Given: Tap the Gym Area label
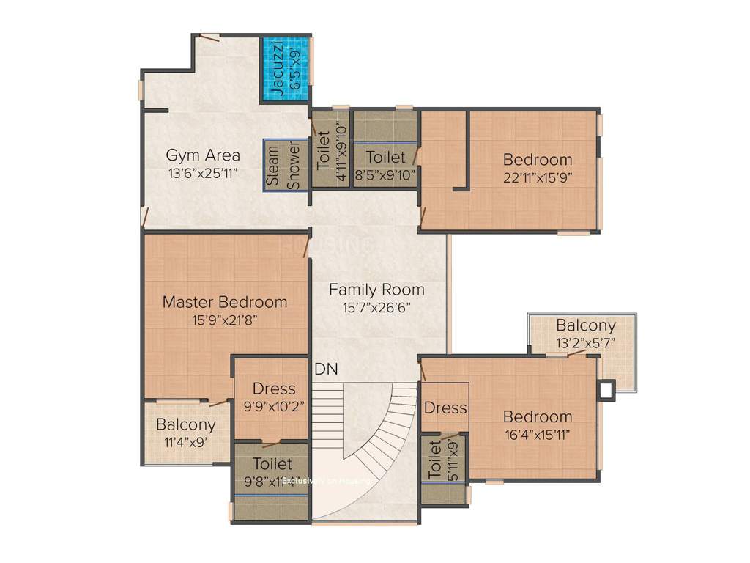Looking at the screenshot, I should (203, 155).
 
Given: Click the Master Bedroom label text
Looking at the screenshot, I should (225, 302).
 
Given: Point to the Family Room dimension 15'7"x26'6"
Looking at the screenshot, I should (376, 308).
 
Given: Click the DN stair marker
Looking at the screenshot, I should (326, 369).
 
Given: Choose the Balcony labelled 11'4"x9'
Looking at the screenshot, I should (186, 433).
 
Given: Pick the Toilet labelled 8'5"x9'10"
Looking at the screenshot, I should (385, 158).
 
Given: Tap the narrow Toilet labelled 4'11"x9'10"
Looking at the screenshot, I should (330, 150).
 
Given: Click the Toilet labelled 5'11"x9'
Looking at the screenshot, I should (444, 460).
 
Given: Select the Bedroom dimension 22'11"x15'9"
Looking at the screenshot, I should (537, 177).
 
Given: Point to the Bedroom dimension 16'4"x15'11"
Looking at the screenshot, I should (537, 434).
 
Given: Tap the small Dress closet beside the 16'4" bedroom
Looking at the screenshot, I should (445, 408).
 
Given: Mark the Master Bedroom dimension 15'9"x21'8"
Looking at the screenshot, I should (225, 320).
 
